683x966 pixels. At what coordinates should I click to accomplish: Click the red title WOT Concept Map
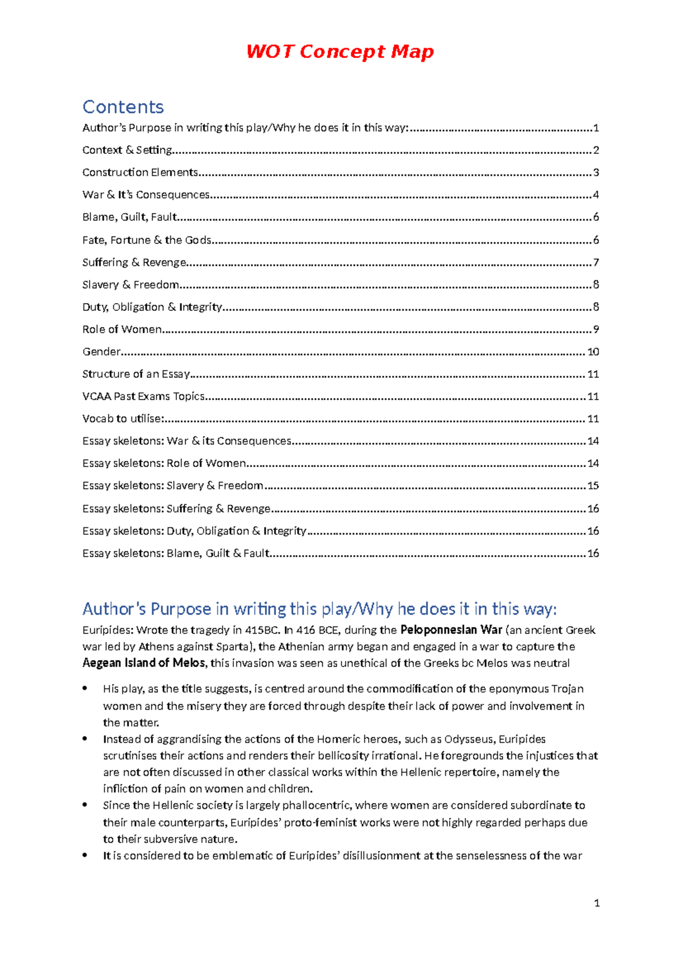[x=340, y=51]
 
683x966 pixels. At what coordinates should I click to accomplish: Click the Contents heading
[x=123, y=107]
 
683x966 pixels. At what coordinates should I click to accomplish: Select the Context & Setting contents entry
[x=127, y=150]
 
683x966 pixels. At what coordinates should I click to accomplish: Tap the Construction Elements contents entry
[x=140, y=173]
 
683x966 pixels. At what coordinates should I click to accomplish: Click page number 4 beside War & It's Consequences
[x=596, y=195]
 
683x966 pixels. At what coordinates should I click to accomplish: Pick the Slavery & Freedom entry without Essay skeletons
[x=130, y=285]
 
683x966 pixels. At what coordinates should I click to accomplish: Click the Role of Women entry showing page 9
[x=122, y=329]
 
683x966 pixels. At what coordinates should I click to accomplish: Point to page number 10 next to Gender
[x=593, y=352]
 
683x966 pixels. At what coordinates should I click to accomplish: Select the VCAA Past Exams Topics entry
[x=143, y=396]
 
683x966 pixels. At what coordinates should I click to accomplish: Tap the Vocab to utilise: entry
[x=123, y=419]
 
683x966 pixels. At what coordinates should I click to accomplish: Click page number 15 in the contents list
[x=593, y=486]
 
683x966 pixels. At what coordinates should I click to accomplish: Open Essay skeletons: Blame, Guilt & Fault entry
[x=175, y=553]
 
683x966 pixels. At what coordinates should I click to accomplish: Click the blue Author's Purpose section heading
[x=319, y=609]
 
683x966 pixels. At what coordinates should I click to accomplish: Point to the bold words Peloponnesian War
[x=451, y=630]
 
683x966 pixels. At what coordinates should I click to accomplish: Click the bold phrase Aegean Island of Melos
[x=143, y=663]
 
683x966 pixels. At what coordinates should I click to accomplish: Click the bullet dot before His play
[x=85, y=688]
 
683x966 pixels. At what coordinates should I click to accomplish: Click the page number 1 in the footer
[x=596, y=903]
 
